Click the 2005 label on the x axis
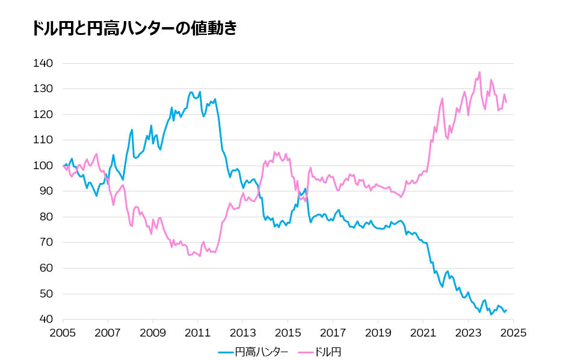[63, 332]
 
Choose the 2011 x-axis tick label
[198, 332]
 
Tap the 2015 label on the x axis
[288, 332]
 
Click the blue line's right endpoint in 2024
[506, 310]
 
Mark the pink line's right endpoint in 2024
[506, 102]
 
